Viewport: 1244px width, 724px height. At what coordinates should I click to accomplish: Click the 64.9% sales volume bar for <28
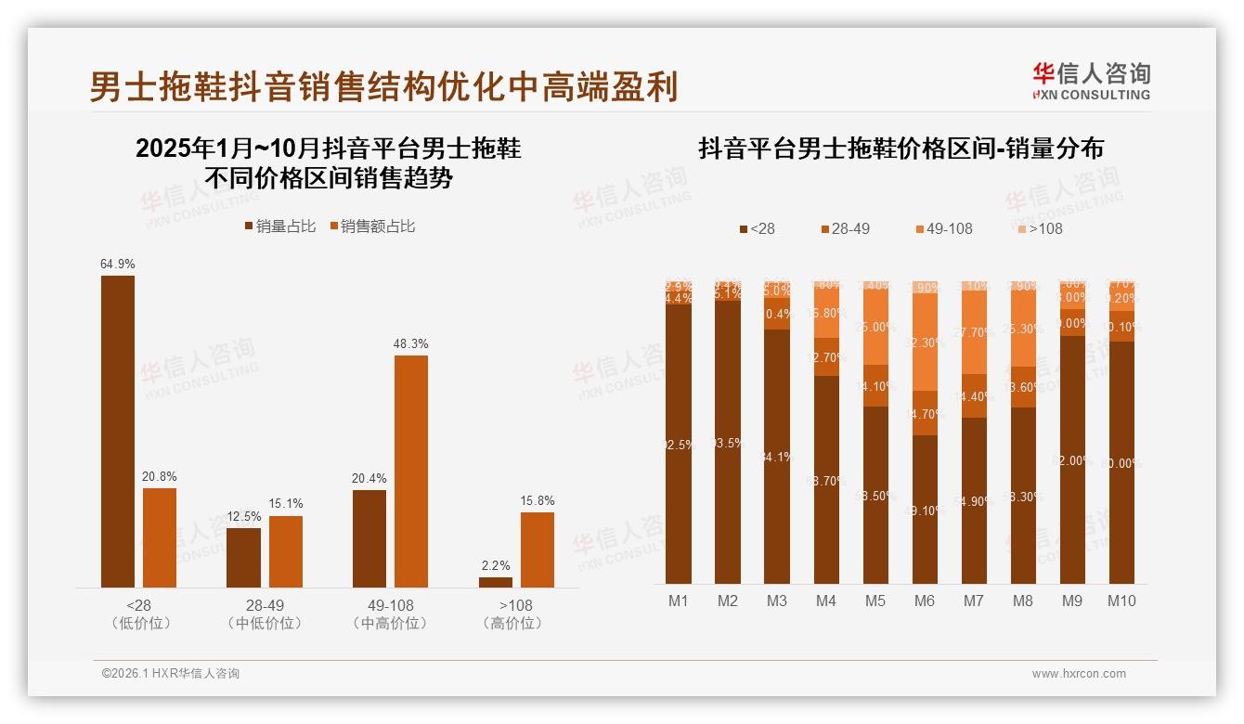[x=118, y=431]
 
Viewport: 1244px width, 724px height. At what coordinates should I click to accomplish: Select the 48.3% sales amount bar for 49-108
[x=411, y=471]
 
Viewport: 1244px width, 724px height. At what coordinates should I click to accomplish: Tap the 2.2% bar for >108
[x=496, y=582]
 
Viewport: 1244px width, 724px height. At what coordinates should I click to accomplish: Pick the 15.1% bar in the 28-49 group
[x=286, y=551]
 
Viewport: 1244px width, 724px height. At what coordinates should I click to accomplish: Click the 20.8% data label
[x=160, y=476]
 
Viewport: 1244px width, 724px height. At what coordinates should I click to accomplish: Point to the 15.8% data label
[x=538, y=500]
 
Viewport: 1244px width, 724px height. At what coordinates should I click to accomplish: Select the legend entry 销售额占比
[x=372, y=226]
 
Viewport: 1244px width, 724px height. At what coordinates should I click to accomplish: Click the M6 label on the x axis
[x=924, y=601]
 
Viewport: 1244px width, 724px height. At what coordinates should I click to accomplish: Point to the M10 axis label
[x=1121, y=601]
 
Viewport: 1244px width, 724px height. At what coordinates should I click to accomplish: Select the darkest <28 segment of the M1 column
[x=679, y=444]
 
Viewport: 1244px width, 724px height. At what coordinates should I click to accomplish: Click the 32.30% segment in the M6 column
[x=924, y=343]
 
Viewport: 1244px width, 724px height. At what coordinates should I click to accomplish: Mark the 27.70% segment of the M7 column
[x=973, y=331]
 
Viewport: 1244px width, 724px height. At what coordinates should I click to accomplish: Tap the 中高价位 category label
[x=391, y=623]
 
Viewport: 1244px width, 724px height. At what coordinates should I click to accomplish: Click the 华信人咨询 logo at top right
[x=1091, y=80]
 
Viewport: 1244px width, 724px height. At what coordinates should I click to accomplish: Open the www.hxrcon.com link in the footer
[x=1079, y=674]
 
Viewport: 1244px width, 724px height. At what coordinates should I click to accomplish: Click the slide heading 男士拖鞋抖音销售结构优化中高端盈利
[x=383, y=86]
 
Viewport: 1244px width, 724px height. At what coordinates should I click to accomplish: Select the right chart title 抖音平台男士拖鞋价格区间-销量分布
[x=901, y=149]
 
